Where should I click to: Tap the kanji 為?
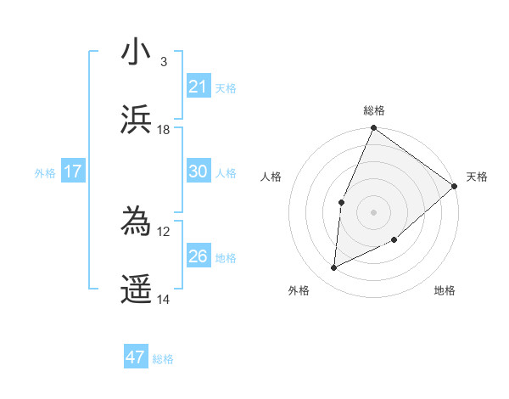click(137, 222)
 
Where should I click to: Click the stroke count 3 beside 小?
click(164, 61)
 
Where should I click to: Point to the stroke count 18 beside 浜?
click(164, 129)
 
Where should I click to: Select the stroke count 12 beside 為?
click(164, 231)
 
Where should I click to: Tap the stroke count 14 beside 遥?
click(164, 299)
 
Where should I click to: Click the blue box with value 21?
click(198, 86)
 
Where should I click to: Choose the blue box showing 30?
click(198, 171)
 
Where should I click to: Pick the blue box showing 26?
click(198, 256)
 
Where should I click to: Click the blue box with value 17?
click(72, 171)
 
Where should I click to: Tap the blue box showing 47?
click(135, 357)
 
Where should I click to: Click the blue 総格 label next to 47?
click(163, 359)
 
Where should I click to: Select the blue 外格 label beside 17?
click(45, 173)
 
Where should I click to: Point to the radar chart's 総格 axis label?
click(374, 110)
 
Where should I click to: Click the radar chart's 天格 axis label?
click(477, 177)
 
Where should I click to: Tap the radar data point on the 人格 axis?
click(341, 202)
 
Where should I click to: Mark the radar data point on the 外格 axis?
click(334, 268)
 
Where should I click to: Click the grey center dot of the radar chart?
click(373, 211)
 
